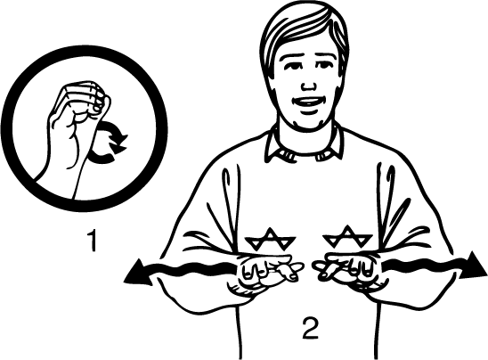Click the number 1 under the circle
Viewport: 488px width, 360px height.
(93, 240)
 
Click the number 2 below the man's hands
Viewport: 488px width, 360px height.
(310, 328)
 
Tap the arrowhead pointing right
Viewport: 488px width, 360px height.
(473, 266)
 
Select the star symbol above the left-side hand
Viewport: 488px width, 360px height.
(270, 239)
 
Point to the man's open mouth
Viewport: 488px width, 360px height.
(308, 102)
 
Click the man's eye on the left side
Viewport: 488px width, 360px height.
(293, 66)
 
